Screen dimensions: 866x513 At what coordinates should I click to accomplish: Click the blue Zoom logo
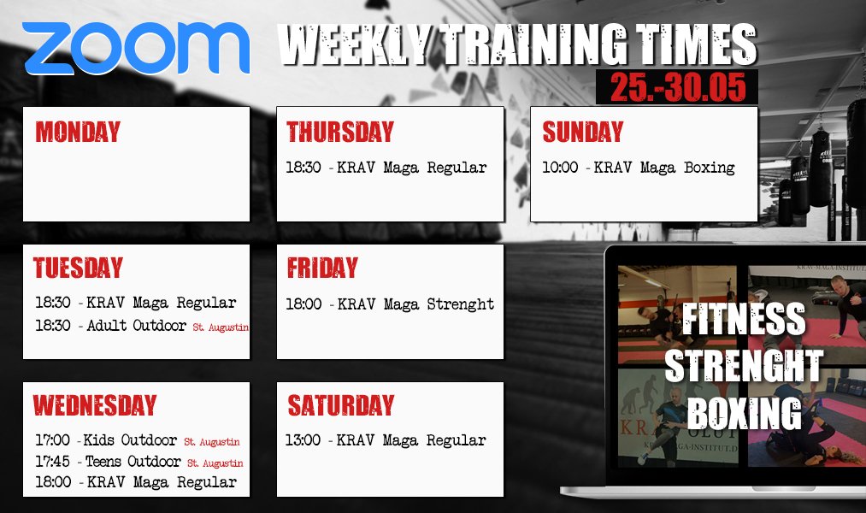click(x=136, y=48)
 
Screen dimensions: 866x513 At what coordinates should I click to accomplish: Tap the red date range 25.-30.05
click(x=678, y=87)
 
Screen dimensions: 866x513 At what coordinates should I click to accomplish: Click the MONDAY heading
click(x=78, y=132)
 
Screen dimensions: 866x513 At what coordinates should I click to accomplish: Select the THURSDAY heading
click(x=339, y=132)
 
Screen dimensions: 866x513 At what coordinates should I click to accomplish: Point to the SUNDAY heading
click(x=583, y=132)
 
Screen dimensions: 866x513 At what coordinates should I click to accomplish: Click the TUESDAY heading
click(x=78, y=268)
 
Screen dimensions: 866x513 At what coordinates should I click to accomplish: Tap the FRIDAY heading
click(x=322, y=268)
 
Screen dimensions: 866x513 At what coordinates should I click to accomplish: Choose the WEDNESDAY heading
click(x=95, y=404)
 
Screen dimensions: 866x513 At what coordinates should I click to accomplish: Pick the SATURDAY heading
click(x=341, y=404)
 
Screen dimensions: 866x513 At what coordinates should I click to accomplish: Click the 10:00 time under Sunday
click(x=560, y=168)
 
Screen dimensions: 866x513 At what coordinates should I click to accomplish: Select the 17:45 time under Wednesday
click(x=52, y=461)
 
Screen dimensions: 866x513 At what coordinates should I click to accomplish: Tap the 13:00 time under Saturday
click(x=303, y=440)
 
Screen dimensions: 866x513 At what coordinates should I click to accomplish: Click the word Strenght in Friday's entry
click(x=461, y=304)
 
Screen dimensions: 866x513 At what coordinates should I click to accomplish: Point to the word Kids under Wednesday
click(x=99, y=440)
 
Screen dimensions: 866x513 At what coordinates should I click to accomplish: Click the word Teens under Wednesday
click(x=103, y=461)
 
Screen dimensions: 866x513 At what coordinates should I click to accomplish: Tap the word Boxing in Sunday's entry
click(x=710, y=168)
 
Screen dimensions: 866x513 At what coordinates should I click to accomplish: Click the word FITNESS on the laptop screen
click(x=744, y=319)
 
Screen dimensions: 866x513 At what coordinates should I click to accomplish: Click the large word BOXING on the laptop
click(x=744, y=412)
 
